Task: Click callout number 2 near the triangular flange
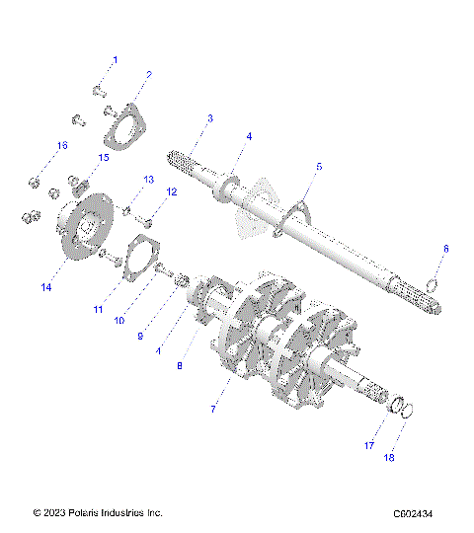(148, 74)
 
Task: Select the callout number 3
(209, 118)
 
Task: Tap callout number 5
(318, 168)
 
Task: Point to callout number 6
(444, 249)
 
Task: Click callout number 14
(46, 287)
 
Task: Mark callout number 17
(369, 446)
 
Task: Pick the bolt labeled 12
(148, 209)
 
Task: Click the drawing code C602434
(420, 513)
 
